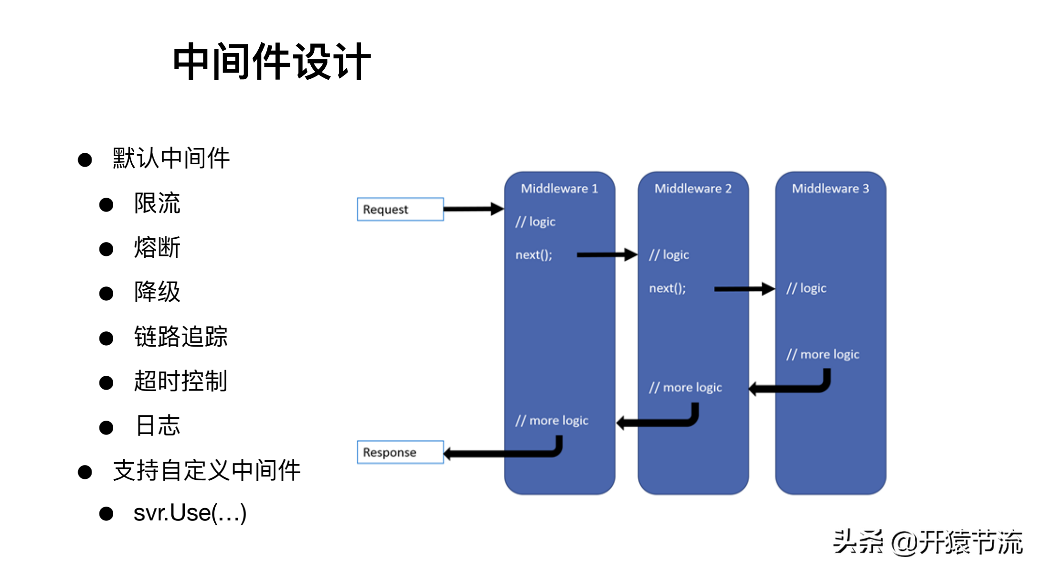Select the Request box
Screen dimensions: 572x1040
click(x=400, y=209)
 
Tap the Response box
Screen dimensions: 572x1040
click(x=400, y=452)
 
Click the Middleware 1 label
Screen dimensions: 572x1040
click(x=559, y=189)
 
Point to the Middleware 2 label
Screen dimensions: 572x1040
click(x=693, y=189)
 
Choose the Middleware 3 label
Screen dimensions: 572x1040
click(x=830, y=189)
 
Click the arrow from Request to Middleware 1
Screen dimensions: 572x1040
click(x=473, y=209)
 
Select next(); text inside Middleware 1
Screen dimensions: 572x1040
click(x=534, y=255)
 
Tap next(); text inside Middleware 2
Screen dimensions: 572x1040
click(x=668, y=288)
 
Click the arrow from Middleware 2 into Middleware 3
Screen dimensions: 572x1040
click(x=743, y=289)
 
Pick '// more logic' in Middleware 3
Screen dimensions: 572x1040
click(x=823, y=354)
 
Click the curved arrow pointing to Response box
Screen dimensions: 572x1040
click(x=501, y=453)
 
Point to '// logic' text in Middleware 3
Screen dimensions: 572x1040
click(x=807, y=288)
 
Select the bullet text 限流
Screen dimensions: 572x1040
click(x=157, y=203)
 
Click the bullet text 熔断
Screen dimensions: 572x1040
click(x=157, y=248)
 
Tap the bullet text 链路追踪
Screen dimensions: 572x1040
click(x=180, y=337)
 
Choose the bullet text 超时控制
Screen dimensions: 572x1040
click(x=180, y=381)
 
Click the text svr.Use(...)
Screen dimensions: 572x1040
click(x=190, y=513)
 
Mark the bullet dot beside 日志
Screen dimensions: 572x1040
click(x=106, y=427)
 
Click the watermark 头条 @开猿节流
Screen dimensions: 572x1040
click(x=927, y=542)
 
